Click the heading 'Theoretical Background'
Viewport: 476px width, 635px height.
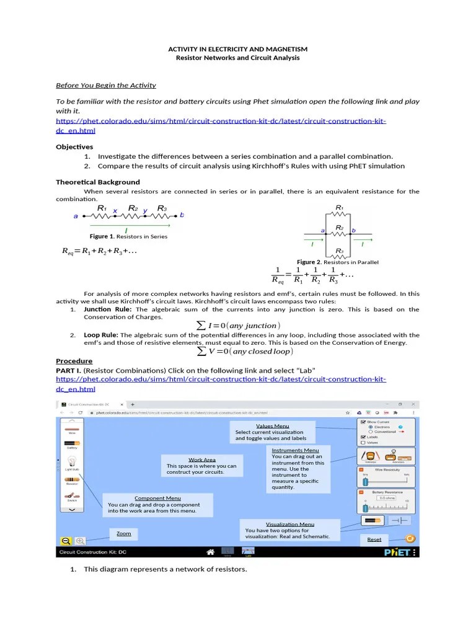pyautogui.click(x=98, y=182)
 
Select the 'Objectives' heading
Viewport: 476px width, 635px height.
pyautogui.click(x=74, y=147)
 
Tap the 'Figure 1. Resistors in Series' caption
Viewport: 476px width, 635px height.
pyautogui.click(x=128, y=236)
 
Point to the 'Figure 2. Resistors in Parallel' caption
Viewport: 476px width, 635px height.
pyautogui.click(x=338, y=262)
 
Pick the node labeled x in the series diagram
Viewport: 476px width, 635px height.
pyautogui.click(x=115, y=211)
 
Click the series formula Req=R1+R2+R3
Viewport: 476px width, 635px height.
pyautogui.click(x=99, y=251)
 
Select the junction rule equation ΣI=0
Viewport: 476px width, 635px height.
pyautogui.click(x=238, y=326)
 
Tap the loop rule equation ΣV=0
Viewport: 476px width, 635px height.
pyautogui.click(x=244, y=352)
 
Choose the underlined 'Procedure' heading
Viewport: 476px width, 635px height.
pyautogui.click(x=74, y=361)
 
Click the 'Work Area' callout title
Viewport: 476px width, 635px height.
pyautogui.click(x=202, y=460)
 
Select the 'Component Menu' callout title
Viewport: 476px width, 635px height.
pyautogui.click(x=157, y=498)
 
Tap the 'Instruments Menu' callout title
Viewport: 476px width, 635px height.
pyautogui.click(x=295, y=450)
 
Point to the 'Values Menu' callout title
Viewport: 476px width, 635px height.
pyautogui.click(x=273, y=426)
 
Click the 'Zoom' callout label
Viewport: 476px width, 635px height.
pyautogui.click(x=123, y=533)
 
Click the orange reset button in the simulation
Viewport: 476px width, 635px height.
pyautogui.click(x=410, y=538)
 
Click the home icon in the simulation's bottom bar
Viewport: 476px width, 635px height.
pyautogui.click(x=211, y=552)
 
